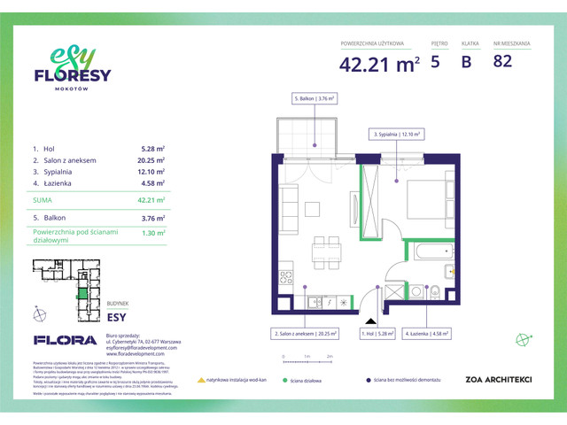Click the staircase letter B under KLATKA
click(467, 62)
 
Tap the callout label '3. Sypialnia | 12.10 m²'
click(396, 134)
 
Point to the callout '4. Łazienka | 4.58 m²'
click(429, 335)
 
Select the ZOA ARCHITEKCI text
click(499, 380)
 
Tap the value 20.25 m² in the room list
click(153, 160)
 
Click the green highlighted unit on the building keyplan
click(82, 293)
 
